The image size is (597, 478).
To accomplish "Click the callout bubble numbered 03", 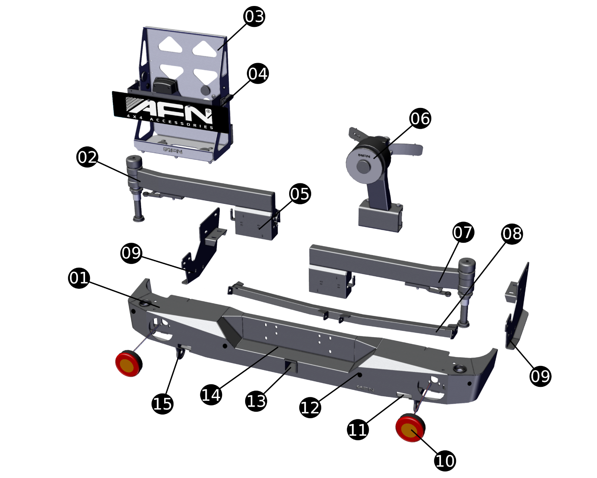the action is (254, 16).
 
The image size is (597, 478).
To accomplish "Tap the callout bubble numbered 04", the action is (258, 74).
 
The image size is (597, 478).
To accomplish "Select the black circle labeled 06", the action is (420, 118).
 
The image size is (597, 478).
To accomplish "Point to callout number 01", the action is (79, 277).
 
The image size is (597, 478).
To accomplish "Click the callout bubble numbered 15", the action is (163, 404).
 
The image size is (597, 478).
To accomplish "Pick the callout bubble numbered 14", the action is (211, 394).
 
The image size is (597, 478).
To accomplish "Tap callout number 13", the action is (256, 401).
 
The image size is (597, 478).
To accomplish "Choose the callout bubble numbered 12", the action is (310, 407).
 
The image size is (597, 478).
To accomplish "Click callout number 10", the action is (445, 461).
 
